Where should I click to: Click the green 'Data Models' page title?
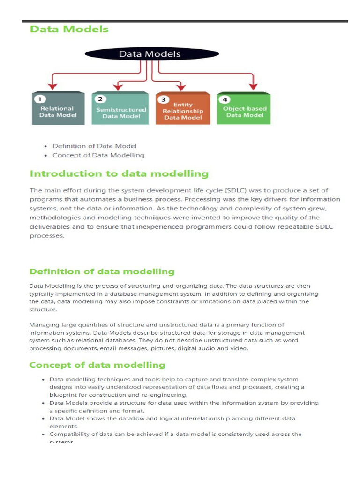(69, 29)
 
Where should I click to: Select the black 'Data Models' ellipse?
(150, 54)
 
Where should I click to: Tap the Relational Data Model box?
(58, 109)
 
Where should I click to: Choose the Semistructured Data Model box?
(121, 110)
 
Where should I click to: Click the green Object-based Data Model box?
(244, 109)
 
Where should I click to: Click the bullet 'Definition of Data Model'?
(94, 146)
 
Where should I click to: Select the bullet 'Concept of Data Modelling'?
(98, 155)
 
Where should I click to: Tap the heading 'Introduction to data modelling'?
(119, 174)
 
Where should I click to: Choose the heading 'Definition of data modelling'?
(102, 271)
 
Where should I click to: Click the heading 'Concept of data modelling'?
(97, 365)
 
